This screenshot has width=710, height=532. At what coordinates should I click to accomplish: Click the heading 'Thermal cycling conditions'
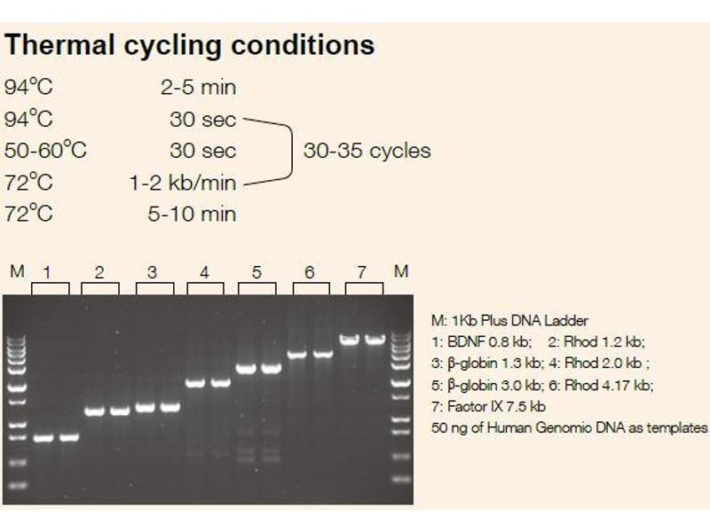coord(190,45)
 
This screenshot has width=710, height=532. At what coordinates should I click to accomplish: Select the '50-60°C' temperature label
coord(45,150)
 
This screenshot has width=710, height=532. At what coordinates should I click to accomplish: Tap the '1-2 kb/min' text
coord(183,183)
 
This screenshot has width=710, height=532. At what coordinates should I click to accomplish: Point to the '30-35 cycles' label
coord(367,151)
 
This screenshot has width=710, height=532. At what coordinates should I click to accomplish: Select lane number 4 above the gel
coord(204,273)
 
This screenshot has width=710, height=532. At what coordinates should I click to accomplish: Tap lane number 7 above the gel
coord(361,272)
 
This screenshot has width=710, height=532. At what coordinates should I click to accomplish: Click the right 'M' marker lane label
coord(400,271)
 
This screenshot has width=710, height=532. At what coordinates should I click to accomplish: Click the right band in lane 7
coord(375,339)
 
